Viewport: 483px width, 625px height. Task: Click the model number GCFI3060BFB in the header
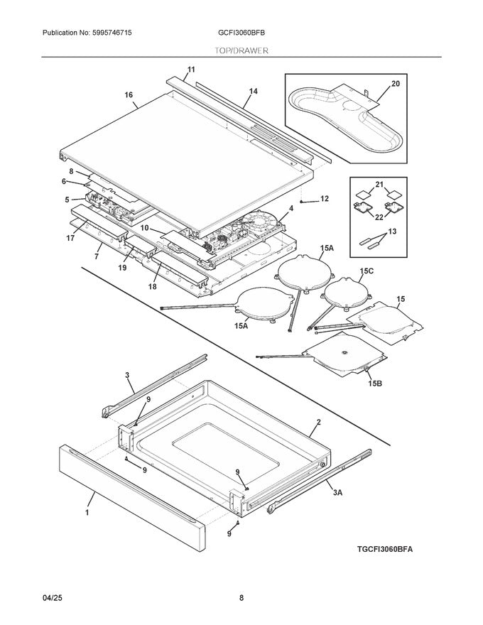tap(241, 33)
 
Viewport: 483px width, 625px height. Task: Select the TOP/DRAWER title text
tap(241, 51)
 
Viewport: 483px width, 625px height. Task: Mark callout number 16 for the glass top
tap(129, 95)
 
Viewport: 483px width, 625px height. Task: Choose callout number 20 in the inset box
tap(396, 84)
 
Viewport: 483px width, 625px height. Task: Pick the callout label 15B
tap(374, 384)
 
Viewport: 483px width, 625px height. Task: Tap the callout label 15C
tap(367, 271)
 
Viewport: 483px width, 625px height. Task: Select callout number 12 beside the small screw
tap(324, 200)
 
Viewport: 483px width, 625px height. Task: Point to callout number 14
tap(254, 92)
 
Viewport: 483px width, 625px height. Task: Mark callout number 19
tap(122, 268)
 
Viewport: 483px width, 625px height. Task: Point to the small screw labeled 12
tap(303, 202)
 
